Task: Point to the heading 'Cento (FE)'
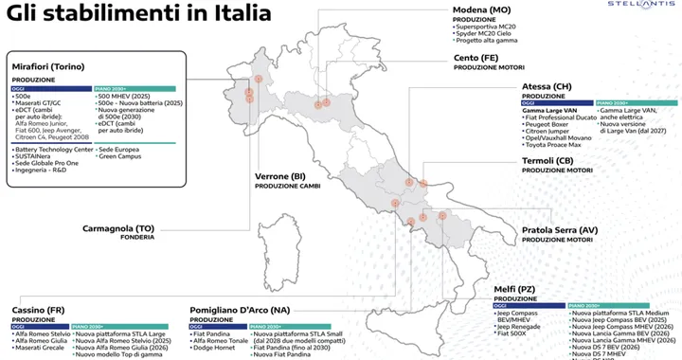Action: coord(475,58)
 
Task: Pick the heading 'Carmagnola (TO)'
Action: coord(118,228)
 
